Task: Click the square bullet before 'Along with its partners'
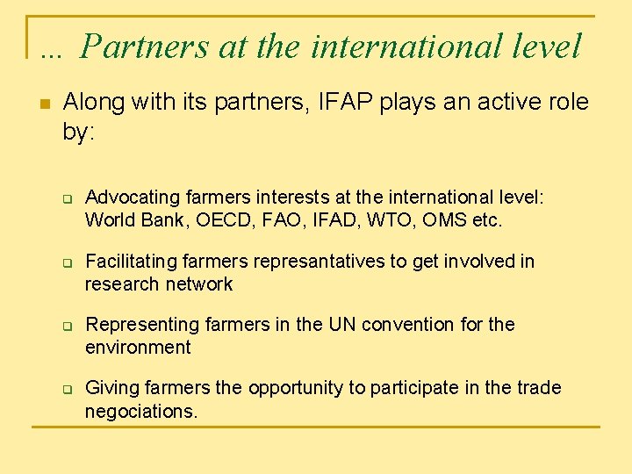tap(45, 104)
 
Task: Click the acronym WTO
tap(384, 220)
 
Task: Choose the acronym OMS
tap(445, 220)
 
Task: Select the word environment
tap(138, 348)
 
